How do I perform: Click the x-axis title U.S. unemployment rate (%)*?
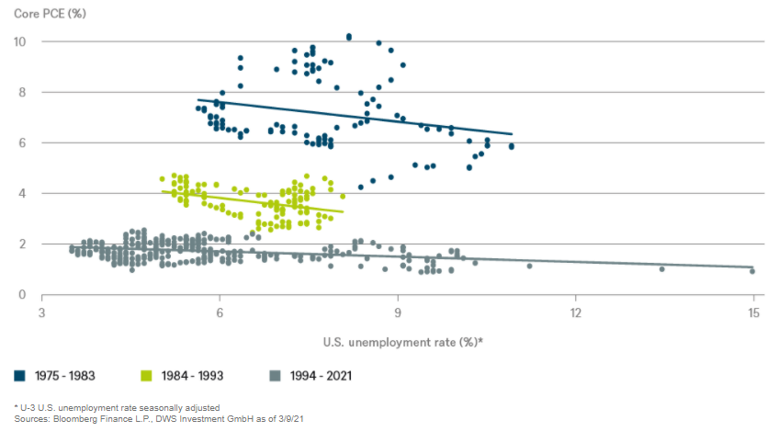coord(403,343)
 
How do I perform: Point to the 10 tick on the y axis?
coord(21,42)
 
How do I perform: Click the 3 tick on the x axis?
coord(42,313)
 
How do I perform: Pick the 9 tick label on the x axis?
coord(398,313)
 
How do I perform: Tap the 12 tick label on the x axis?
coord(575,313)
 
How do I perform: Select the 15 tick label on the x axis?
coord(754,313)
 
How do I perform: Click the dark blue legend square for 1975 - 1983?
coord(19,375)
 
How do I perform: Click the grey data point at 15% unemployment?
coord(752,271)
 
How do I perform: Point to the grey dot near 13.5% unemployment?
coord(662,268)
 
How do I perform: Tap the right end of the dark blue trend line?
coord(512,134)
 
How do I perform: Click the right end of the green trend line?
coord(344,212)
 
